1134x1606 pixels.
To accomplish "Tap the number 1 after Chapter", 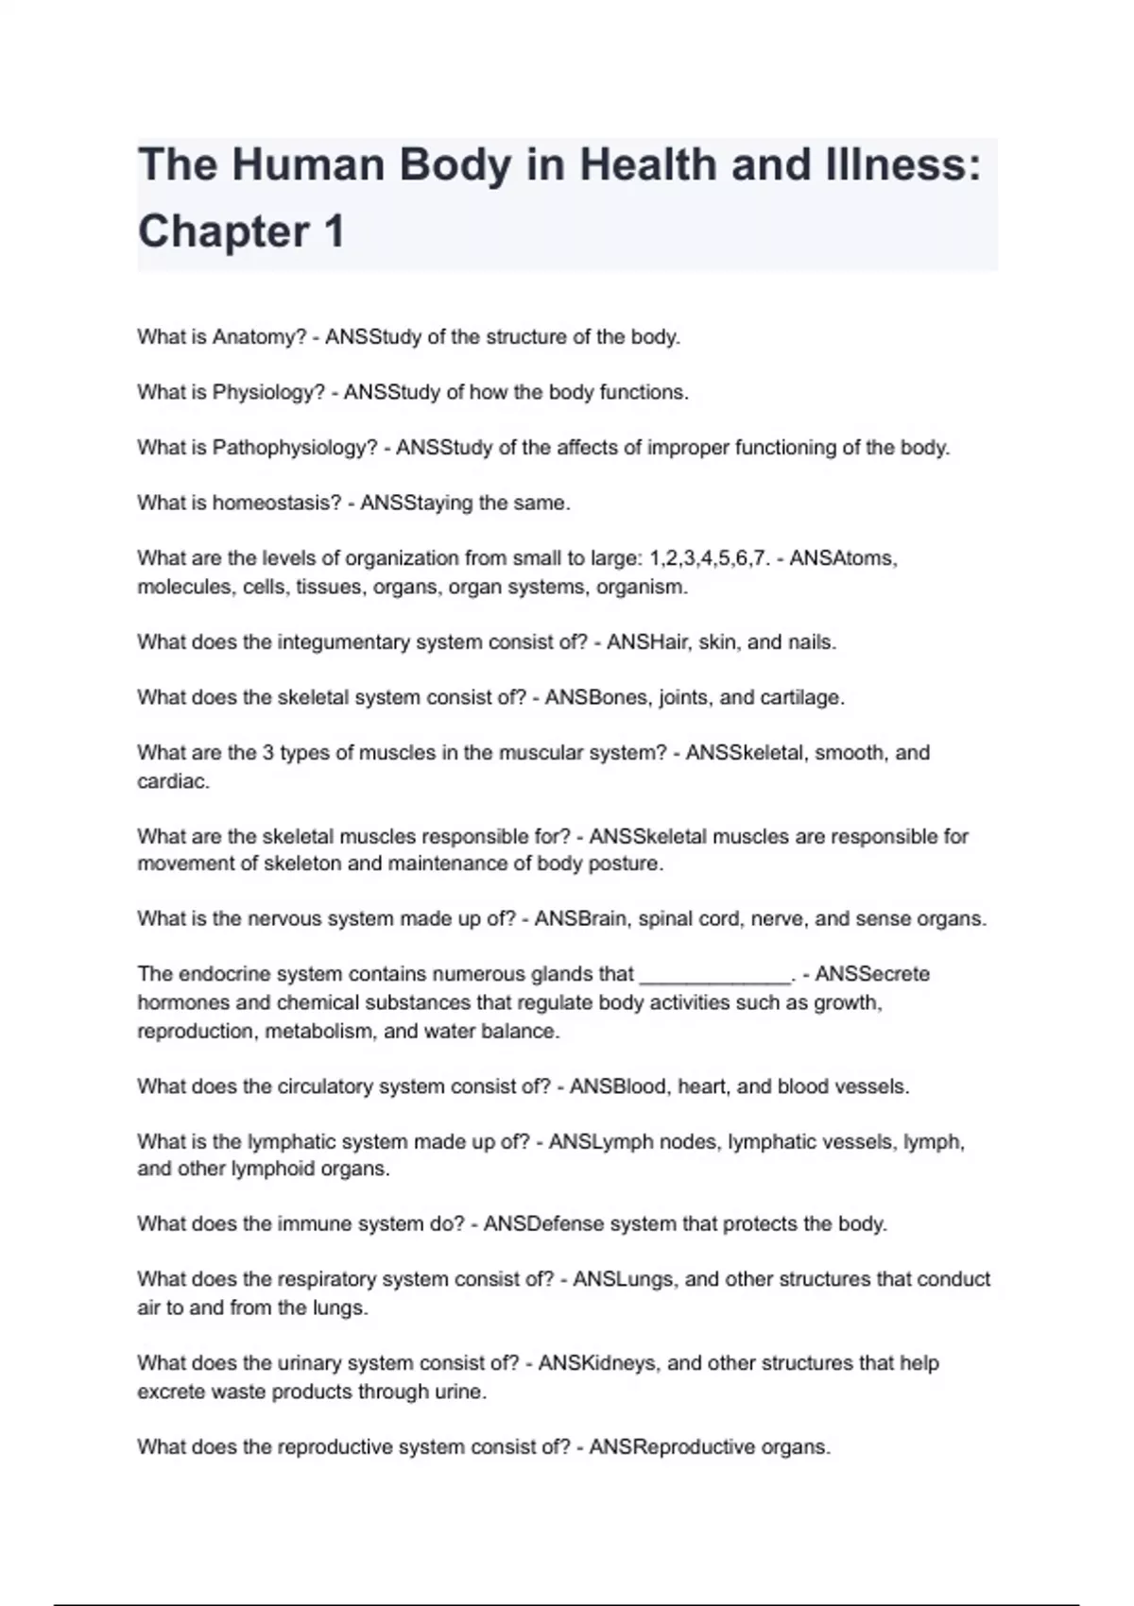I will coord(333,232).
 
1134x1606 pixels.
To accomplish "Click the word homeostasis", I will coord(276,503).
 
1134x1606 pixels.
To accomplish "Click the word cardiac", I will coord(173,781).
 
